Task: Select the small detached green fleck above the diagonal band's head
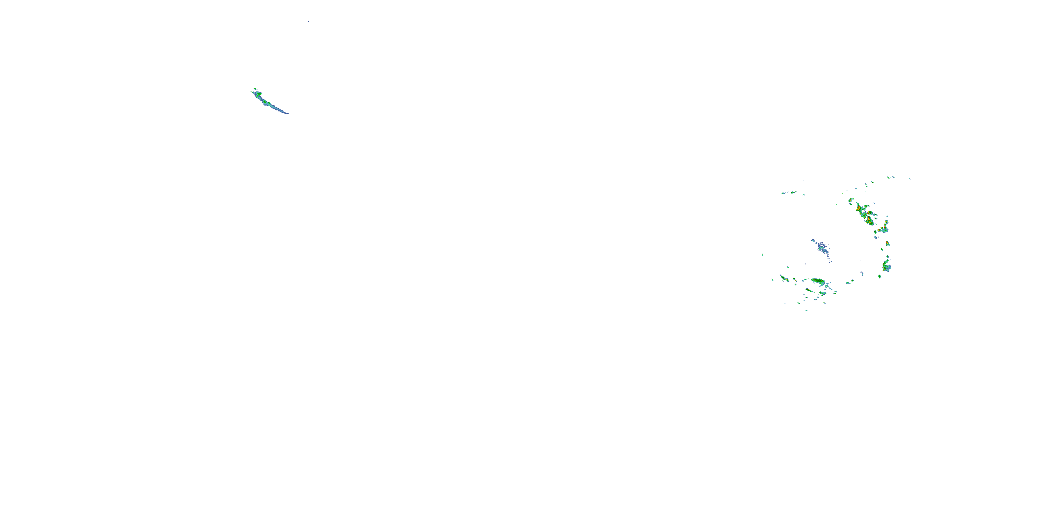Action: pos(255,88)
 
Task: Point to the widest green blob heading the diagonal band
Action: pos(258,94)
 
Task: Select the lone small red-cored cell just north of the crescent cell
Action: pos(888,244)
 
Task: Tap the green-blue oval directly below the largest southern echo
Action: pos(823,293)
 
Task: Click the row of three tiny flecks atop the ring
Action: pos(891,177)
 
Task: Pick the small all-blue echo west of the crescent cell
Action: pos(862,274)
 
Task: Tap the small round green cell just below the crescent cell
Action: pos(879,277)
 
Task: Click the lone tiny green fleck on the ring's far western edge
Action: pos(763,255)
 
